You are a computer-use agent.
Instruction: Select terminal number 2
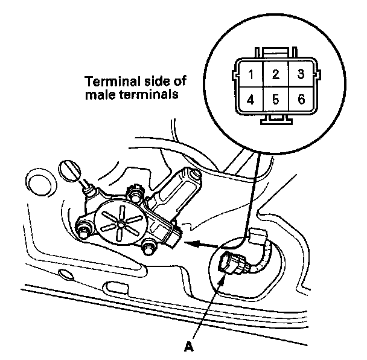point(275,75)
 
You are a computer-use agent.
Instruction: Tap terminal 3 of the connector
point(299,75)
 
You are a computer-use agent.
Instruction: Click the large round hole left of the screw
point(39,184)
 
